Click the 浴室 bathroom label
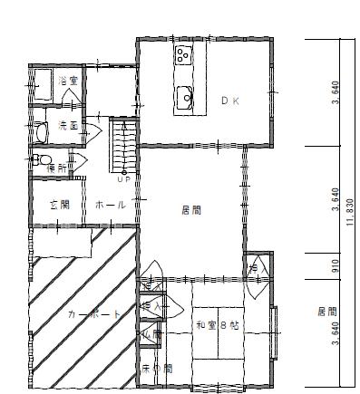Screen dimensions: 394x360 69,82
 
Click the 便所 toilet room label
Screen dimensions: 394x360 56,168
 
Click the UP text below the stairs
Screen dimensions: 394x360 123,179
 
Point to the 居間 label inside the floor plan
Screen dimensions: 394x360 190,210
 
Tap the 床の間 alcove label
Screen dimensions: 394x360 156,369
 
